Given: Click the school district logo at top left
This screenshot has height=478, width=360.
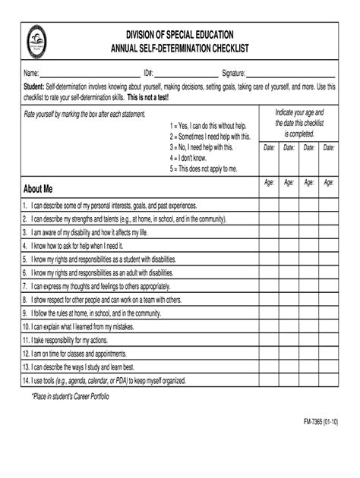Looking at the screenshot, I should [39, 42].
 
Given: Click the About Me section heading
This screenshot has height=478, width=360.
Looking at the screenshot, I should [38, 188].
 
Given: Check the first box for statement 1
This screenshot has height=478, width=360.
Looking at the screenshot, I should [270, 205].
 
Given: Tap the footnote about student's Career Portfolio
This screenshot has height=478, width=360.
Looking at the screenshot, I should [71, 396].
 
